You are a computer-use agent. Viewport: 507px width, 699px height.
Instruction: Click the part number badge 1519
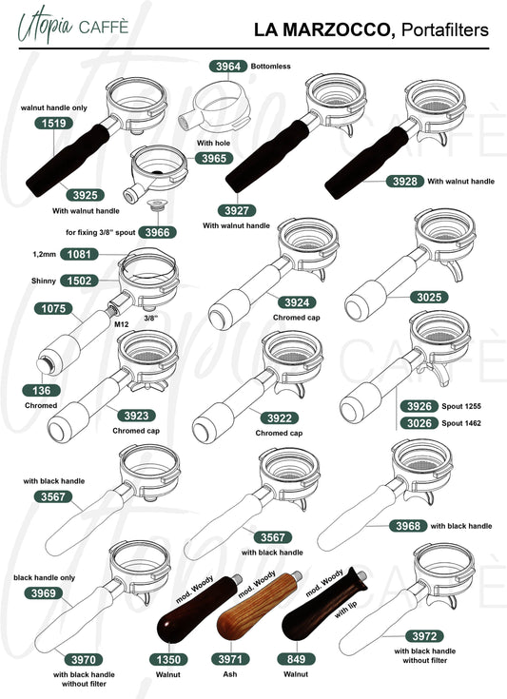click(53, 123)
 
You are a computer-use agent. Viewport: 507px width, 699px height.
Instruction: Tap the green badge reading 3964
click(228, 67)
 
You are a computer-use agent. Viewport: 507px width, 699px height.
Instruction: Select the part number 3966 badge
click(157, 232)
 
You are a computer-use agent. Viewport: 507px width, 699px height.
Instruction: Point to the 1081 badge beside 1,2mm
click(79, 254)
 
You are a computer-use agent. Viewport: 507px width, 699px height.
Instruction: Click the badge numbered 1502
click(79, 281)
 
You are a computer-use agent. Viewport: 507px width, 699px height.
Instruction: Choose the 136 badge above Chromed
click(42, 391)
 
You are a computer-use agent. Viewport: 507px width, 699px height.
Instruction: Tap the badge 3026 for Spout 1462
click(419, 423)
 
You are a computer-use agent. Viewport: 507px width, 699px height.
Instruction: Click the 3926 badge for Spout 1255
click(419, 406)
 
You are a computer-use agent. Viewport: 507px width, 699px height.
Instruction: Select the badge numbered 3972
click(424, 636)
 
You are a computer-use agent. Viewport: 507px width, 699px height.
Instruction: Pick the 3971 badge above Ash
click(230, 659)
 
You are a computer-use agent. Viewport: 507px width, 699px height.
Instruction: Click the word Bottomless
click(271, 66)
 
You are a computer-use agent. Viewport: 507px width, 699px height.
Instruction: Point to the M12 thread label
click(122, 324)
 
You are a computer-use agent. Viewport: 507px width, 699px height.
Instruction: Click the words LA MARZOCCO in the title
click(324, 29)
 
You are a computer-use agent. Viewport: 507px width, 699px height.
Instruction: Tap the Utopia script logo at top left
click(46, 23)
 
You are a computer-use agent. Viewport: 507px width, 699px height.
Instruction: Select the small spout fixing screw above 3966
click(157, 204)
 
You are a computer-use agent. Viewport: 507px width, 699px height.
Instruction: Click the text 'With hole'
click(214, 143)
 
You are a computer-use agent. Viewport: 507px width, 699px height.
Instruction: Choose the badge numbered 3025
click(429, 297)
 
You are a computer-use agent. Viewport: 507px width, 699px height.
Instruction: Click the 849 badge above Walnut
click(296, 659)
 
